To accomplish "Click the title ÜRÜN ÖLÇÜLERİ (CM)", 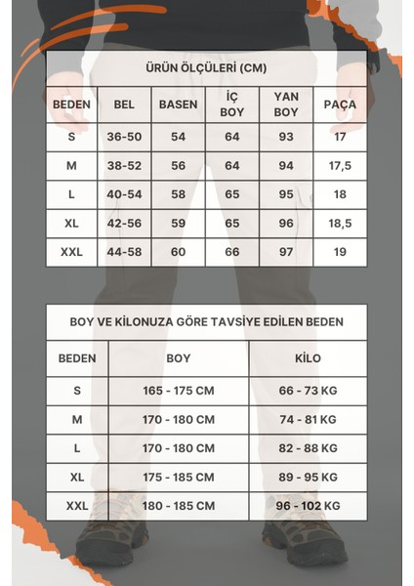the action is pyautogui.click(x=206, y=68).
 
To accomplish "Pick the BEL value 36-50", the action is pyautogui.click(x=124, y=137).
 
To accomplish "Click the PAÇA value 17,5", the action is pyautogui.click(x=340, y=166).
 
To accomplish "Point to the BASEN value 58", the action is pyautogui.click(x=178, y=195).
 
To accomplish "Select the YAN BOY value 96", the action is pyautogui.click(x=286, y=224).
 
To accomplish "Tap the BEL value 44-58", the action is pyautogui.click(x=124, y=252).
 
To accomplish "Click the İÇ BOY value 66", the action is pyautogui.click(x=232, y=252).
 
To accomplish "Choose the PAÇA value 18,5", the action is pyautogui.click(x=340, y=224).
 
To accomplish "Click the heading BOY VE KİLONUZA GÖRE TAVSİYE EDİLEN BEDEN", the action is pyautogui.click(x=206, y=321).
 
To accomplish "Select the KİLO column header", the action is pyautogui.click(x=308, y=358).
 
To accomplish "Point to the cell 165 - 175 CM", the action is pyautogui.click(x=179, y=390).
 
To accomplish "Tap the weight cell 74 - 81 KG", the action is pyautogui.click(x=308, y=419).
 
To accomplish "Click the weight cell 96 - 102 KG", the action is pyautogui.click(x=308, y=506).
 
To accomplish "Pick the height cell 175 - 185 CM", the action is pyautogui.click(x=179, y=478).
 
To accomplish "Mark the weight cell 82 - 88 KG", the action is pyautogui.click(x=308, y=448).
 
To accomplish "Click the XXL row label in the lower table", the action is pyautogui.click(x=77, y=506).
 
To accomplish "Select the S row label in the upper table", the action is pyautogui.click(x=72, y=137).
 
